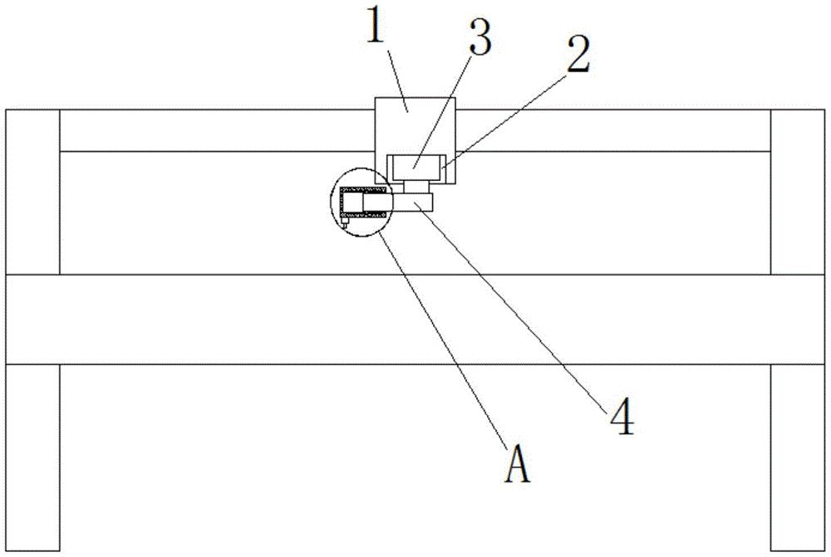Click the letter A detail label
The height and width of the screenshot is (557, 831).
(x=517, y=466)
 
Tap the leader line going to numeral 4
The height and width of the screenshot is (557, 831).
(x=515, y=311)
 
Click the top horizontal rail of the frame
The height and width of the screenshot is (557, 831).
(x=208, y=130)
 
